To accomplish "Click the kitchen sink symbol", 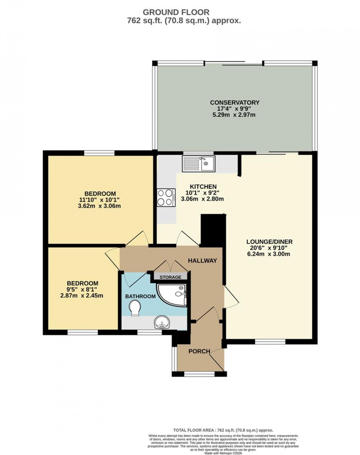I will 198,163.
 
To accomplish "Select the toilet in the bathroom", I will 134,308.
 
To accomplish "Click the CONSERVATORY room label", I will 235,102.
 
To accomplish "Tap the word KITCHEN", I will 203,186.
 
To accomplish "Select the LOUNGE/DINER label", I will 269,242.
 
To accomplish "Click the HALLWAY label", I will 202,261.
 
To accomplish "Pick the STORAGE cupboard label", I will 170,277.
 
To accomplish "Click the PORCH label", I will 199,351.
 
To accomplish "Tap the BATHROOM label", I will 140,296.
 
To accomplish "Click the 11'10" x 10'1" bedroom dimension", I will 100,200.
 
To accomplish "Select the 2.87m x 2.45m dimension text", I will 82,295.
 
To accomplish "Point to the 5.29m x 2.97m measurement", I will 235,115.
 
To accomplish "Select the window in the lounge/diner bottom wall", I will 270,341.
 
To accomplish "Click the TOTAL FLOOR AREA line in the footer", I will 223,430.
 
